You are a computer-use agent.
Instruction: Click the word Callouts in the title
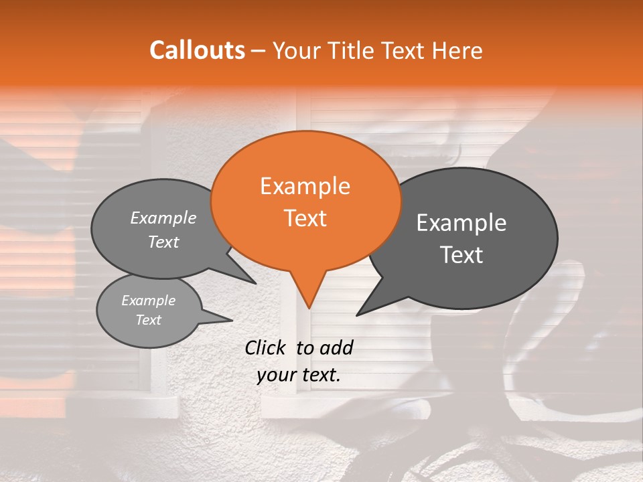(197, 50)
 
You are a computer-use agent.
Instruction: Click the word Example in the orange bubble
(305, 186)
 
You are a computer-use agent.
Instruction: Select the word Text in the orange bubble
(305, 218)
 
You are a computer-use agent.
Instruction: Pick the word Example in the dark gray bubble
(461, 223)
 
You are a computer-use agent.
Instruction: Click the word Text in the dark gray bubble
(461, 255)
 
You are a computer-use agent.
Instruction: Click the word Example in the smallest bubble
(148, 301)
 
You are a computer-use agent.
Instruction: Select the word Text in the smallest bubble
(148, 320)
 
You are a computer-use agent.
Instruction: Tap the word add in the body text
(336, 347)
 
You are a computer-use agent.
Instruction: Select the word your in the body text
(276, 376)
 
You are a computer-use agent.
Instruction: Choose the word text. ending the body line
(319, 376)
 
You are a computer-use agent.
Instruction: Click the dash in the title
(259, 50)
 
